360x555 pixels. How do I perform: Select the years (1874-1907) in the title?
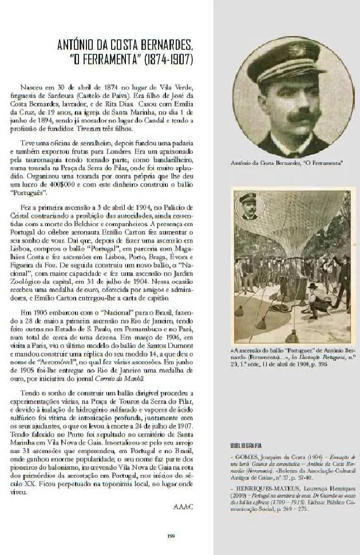tap(168, 60)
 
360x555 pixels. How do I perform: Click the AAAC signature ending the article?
tap(183, 506)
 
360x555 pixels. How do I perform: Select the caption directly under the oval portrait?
tap(286, 163)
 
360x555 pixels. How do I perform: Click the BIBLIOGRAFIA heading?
tap(246, 445)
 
